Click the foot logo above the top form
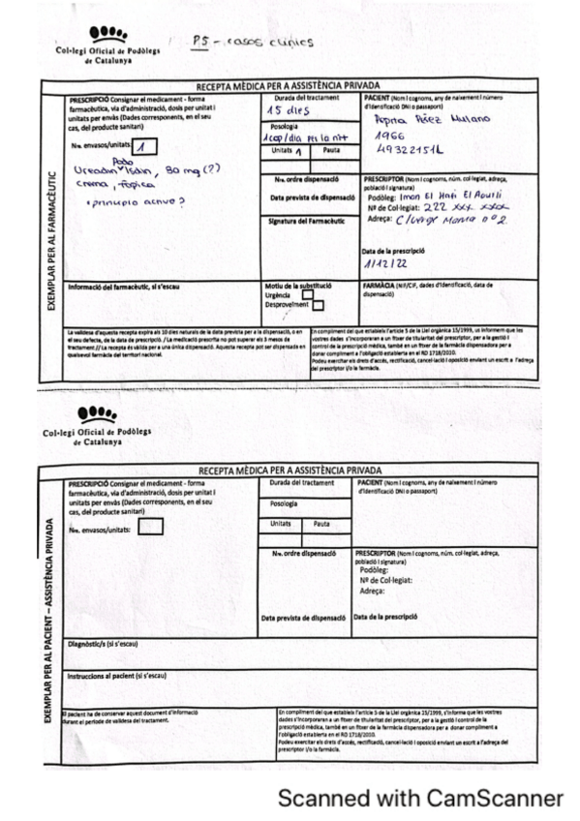(x=106, y=36)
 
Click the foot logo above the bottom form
(x=103, y=413)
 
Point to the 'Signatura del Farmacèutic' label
(x=305, y=221)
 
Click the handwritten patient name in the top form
(x=433, y=120)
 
